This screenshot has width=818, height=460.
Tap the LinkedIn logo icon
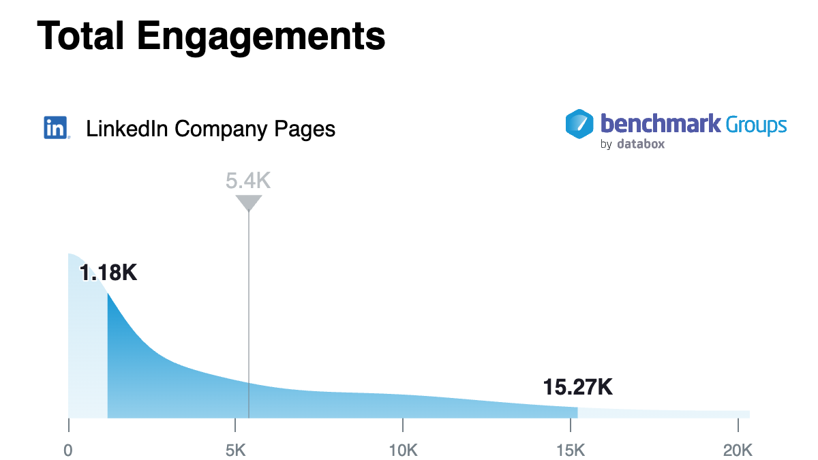coord(56,128)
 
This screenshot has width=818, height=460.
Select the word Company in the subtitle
coord(219,129)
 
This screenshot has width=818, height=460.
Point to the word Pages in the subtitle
coord(305,129)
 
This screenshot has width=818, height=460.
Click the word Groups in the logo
coord(756,125)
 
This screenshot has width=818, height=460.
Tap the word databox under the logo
coord(640,144)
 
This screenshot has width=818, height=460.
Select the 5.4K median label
coord(249,181)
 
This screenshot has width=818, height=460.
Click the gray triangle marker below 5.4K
coord(249,202)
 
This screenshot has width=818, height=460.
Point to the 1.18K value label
coord(108,273)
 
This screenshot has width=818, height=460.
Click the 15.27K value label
coord(578,387)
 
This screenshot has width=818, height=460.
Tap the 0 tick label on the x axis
coord(68,450)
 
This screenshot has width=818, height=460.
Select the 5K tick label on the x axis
coord(234,450)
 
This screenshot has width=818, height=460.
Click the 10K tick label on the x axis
coord(402,450)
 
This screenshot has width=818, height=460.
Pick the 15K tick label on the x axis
coord(570,450)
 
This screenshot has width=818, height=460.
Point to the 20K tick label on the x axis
coord(738,450)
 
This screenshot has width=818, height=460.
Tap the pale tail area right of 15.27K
coord(661,413)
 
